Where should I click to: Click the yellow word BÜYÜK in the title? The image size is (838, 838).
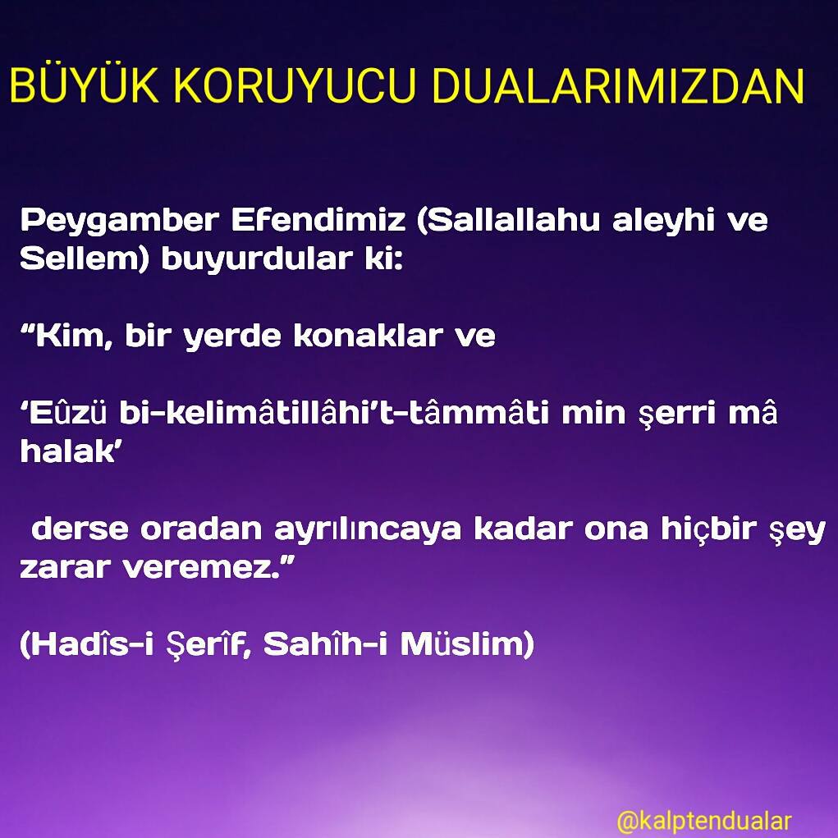[85, 85]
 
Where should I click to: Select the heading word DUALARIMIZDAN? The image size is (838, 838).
[618, 85]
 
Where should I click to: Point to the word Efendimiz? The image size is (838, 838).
[318, 219]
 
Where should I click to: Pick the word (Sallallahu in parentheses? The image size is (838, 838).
[508, 220]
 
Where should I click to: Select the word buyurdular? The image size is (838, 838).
[257, 259]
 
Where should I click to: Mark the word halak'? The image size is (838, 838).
[68, 451]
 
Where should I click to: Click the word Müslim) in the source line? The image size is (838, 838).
[467, 644]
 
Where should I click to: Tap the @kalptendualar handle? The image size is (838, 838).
[704, 821]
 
